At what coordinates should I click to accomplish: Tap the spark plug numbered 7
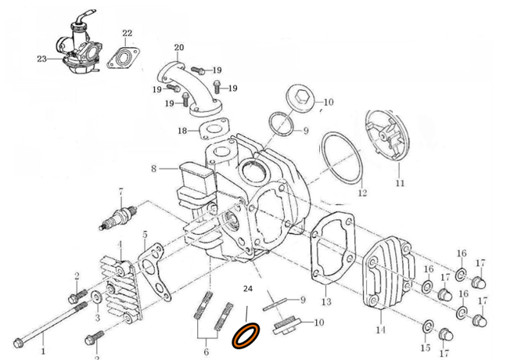click(120, 216)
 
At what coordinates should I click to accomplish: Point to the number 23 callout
click(41, 59)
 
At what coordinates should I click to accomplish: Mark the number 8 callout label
click(154, 168)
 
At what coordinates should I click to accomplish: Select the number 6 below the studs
click(207, 351)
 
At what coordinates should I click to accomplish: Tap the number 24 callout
click(249, 289)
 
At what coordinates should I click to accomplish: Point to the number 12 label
click(361, 193)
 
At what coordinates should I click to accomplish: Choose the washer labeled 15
click(428, 325)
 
